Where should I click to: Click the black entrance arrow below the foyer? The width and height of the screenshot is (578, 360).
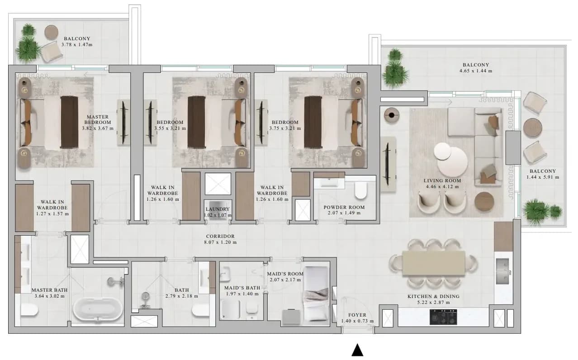click(357, 351)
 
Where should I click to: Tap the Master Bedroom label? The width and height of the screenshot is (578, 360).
click(98, 119)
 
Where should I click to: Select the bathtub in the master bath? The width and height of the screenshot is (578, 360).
click(98, 310)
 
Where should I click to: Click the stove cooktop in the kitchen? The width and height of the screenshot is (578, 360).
click(443, 317)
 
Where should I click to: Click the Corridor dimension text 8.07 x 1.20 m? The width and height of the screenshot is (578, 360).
click(220, 242)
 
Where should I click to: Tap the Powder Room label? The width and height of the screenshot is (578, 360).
click(344, 207)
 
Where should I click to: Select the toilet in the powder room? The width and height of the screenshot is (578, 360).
click(361, 190)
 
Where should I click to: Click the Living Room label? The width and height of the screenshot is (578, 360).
click(442, 180)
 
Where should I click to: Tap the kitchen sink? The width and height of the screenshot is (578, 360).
click(502, 271)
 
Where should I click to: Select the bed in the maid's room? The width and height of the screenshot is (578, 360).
click(316, 294)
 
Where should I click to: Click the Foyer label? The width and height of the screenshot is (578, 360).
click(357, 315)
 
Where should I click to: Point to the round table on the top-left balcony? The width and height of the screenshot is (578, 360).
click(52, 32)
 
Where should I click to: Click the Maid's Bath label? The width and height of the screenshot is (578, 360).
click(242, 288)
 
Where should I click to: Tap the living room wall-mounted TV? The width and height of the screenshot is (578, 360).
click(388, 164)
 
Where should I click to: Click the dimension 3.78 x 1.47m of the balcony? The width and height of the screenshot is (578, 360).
click(77, 45)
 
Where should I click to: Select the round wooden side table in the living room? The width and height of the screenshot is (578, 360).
click(484, 202)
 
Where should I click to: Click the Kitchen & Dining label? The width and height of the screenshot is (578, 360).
click(433, 296)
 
